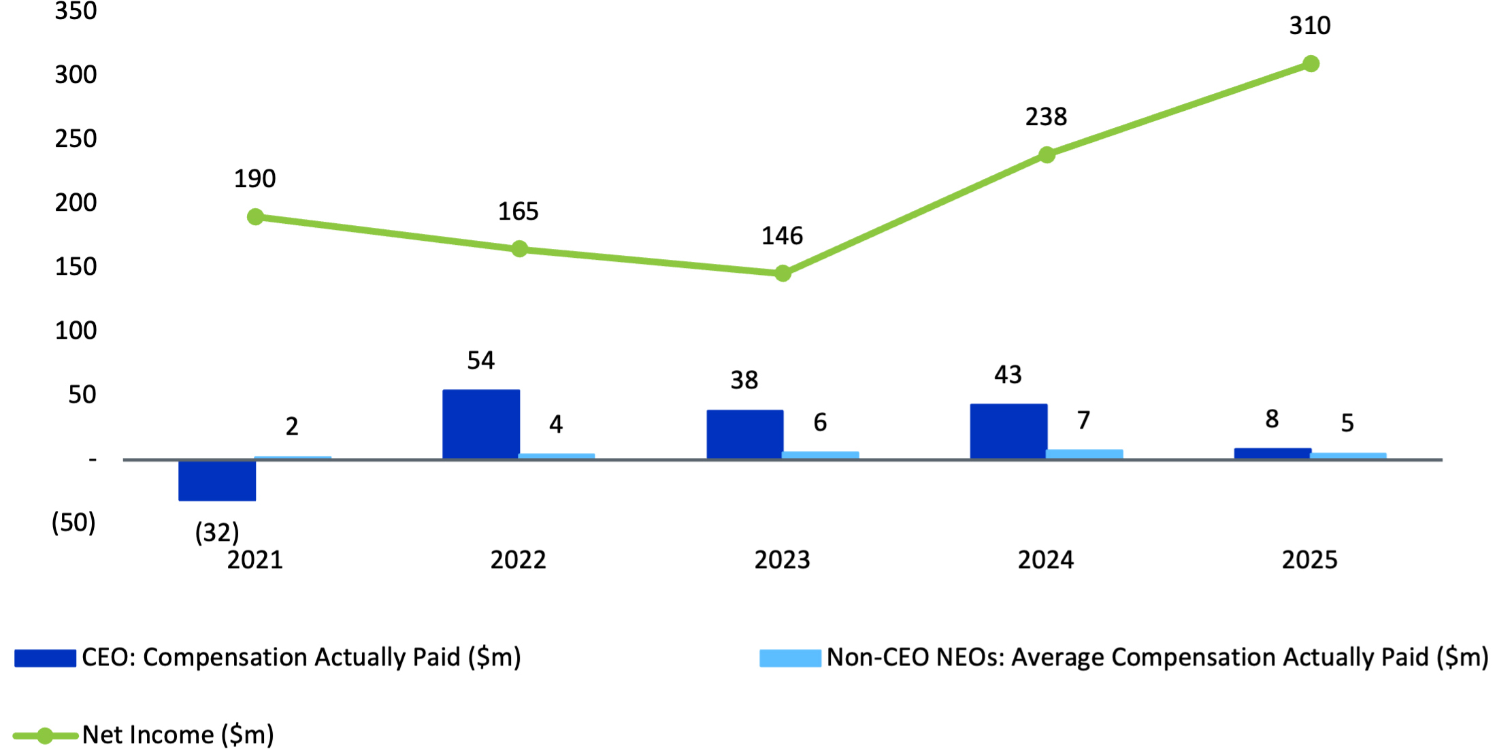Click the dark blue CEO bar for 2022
(481, 424)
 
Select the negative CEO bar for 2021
(217, 480)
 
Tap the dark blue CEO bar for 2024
(1008, 431)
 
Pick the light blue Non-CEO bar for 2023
(820, 455)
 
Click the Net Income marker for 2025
(1311, 64)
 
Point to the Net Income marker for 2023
(783, 273)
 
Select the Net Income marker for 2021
(255, 217)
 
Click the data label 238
(1046, 117)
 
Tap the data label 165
(518, 212)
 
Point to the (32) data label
(217, 532)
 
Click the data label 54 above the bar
(480, 361)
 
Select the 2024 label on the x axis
(1046, 560)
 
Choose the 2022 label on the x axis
(518, 560)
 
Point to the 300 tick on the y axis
(76, 74)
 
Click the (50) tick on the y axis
(73, 522)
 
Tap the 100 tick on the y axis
(76, 331)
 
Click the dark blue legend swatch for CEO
(45, 658)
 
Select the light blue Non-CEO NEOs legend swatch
(790, 658)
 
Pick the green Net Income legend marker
(45, 735)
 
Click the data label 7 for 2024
(1083, 420)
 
